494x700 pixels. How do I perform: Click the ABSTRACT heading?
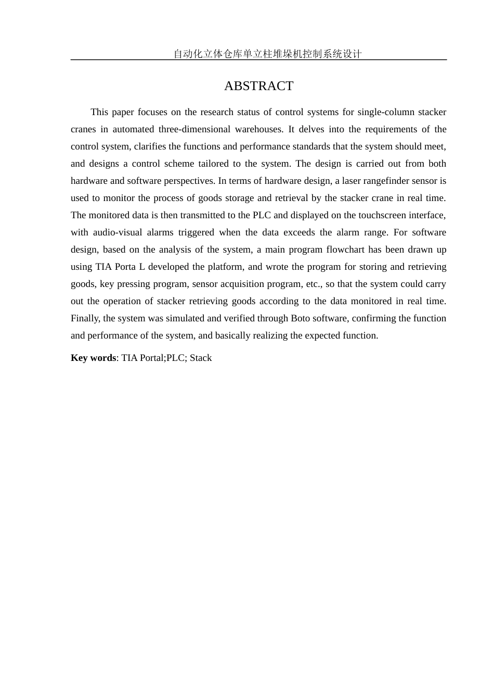258,86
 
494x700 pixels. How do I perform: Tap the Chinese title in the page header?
267,54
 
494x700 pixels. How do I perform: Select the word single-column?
385,112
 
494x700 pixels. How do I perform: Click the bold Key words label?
93,358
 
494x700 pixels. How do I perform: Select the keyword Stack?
201,358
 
